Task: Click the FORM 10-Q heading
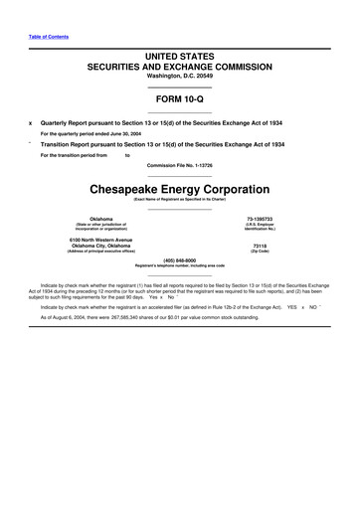tap(179, 100)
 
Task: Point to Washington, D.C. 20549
tap(179, 76)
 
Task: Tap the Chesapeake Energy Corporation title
tap(179, 188)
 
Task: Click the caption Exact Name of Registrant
tap(179, 199)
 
